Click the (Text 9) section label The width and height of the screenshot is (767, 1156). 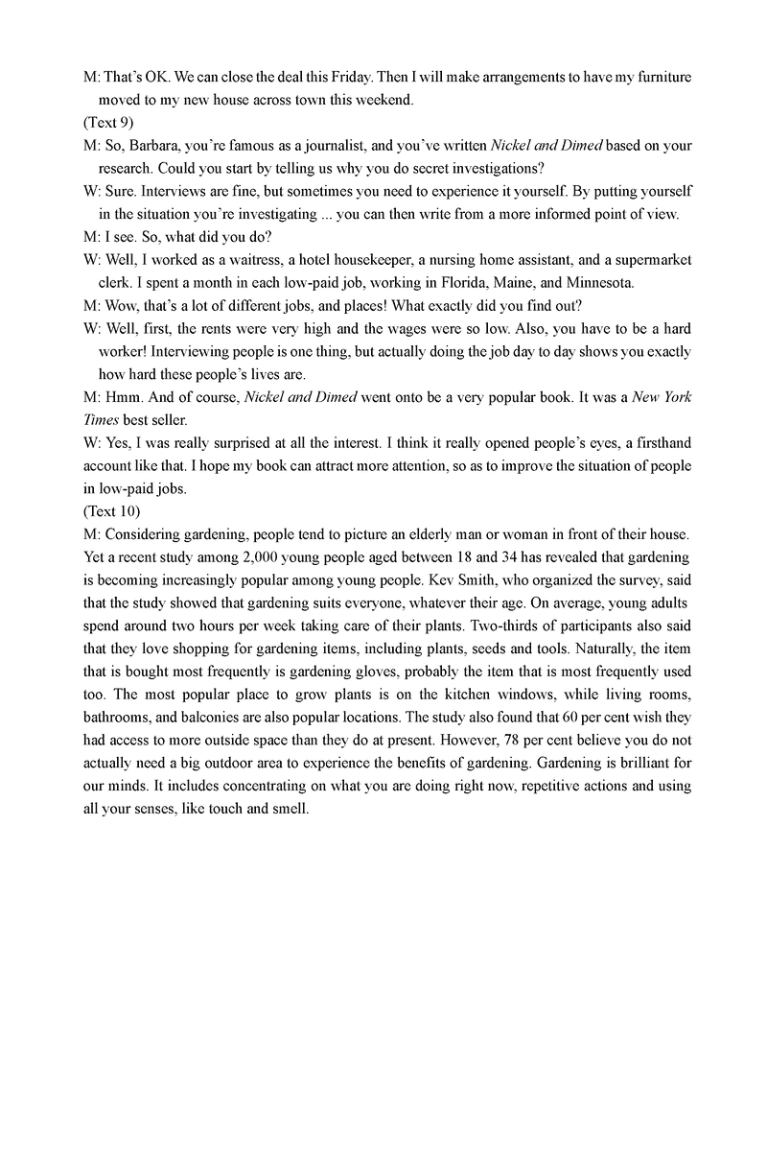click(x=108, y=122)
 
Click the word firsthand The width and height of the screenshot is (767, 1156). click(x=658, y=442)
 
